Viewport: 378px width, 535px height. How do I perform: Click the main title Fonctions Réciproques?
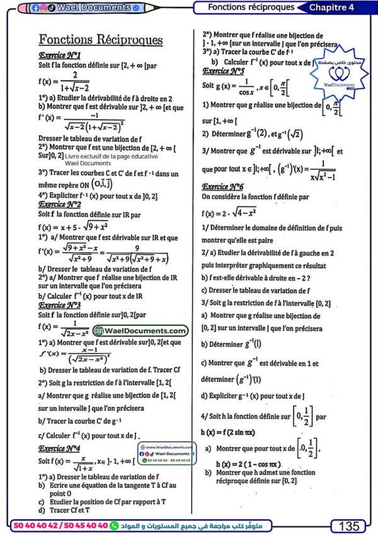point(101,40)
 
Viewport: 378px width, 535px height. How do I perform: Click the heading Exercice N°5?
point(223,71)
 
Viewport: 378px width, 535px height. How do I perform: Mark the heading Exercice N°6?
point(223,187)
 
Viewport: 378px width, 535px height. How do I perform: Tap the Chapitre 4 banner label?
point(341,7)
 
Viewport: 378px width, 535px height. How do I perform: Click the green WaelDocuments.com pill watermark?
point(140,331)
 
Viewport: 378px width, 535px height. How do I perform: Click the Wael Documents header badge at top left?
point(89,8)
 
